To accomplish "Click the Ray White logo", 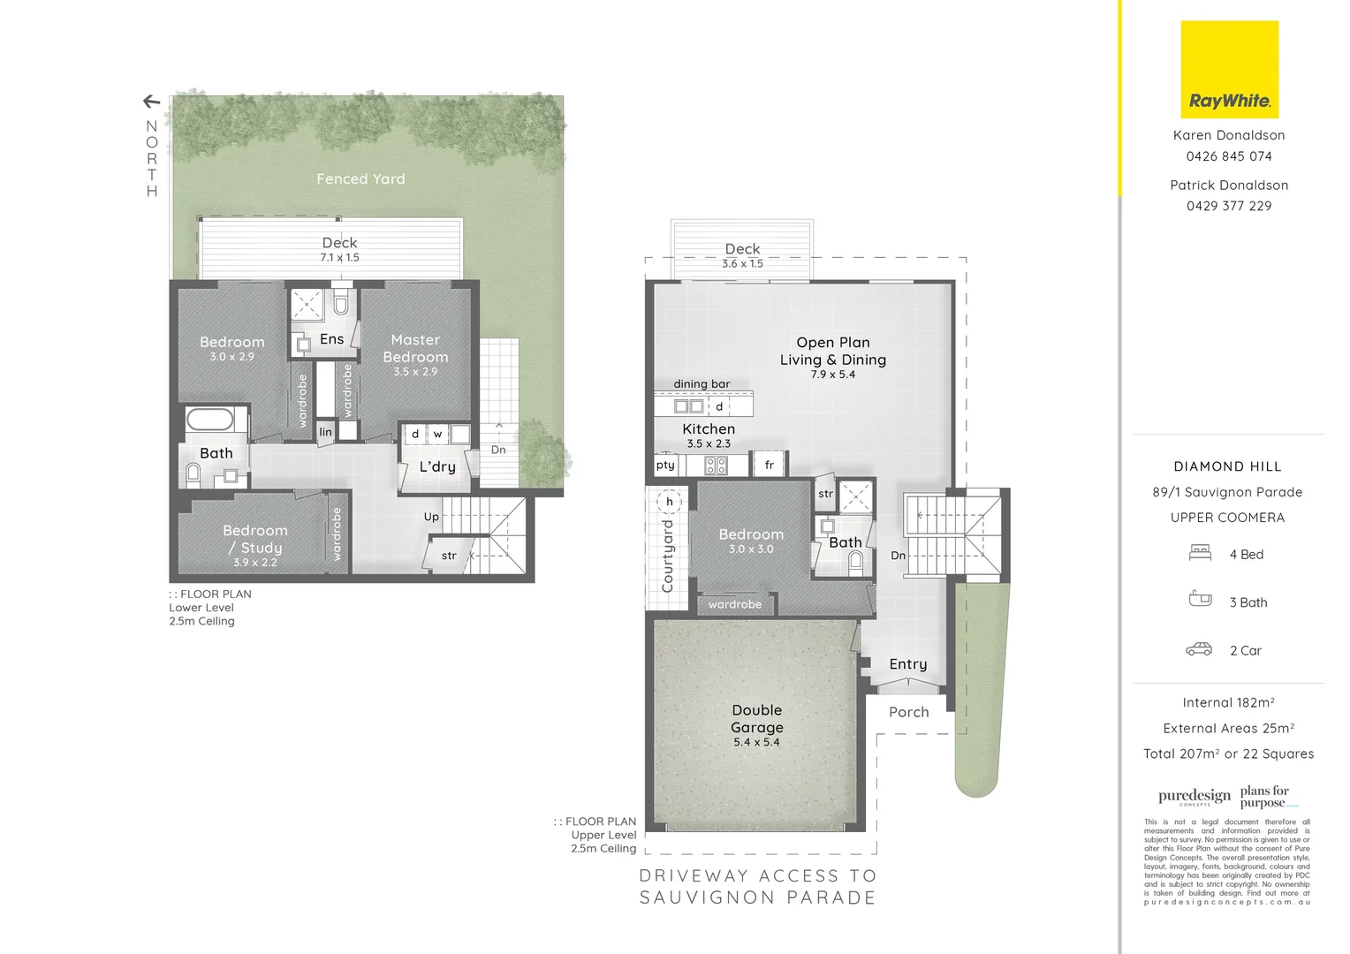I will tap(1229, 70).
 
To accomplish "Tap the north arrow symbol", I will tap(151, 102).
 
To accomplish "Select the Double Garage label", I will tap(756, 718).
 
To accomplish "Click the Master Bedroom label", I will tap(415, 348).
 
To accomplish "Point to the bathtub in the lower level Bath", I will tap(209, 419).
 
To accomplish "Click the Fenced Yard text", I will tap(360, 178).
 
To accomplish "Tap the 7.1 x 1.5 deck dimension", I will tap(339, 258).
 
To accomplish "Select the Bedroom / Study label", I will tap(254, 539).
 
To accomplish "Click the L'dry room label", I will tap(437, 466).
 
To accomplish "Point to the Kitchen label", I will tap(709, 428).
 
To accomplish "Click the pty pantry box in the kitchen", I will tap(665, 465).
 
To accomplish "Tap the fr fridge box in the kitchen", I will tap(769, 465).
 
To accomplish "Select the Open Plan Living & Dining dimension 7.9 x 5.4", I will tap(832, 375).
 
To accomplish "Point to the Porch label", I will tap(908, 712).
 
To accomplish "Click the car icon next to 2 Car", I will tap(1199, 650).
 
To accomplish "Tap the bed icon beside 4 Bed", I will tap(1200, 554).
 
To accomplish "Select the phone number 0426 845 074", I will tap(1229, 156).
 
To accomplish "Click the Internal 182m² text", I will tap(1228, 702).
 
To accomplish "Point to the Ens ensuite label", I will tap(331, 339).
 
